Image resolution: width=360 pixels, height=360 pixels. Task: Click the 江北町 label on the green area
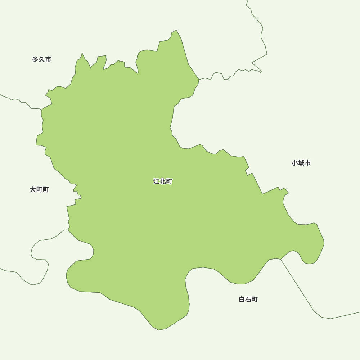[163, 181]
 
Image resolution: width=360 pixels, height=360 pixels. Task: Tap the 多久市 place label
[42, 59]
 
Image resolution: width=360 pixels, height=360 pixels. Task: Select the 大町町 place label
[39, 190]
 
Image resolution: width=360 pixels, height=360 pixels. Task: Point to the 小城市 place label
[301, 163]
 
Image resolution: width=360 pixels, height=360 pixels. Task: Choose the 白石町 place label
[248, 300]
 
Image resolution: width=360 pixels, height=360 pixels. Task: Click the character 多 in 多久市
[35, 59]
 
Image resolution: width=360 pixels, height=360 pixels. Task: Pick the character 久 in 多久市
[42, 59]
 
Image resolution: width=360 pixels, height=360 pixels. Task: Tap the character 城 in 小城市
[301, 163]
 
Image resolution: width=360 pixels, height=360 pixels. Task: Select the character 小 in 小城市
[295, 163]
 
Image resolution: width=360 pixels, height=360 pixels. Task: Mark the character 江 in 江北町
[156, 181]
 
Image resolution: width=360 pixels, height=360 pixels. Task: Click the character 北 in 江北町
[163, 181]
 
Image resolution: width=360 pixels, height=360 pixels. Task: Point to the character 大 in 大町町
[33, 190]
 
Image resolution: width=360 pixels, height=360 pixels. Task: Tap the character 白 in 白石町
[242, 300]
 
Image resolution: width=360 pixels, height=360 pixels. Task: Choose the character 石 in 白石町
[248, 300]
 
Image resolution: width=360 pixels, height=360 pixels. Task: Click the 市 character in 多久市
[48, 59]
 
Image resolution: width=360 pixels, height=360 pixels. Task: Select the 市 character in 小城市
[308, 163]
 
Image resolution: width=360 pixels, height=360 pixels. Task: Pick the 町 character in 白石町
[255, 300]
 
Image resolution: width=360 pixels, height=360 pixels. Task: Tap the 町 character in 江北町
[169, 181]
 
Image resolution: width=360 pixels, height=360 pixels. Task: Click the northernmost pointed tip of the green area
[176, 30]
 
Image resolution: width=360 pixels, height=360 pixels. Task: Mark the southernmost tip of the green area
[158, 330]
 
